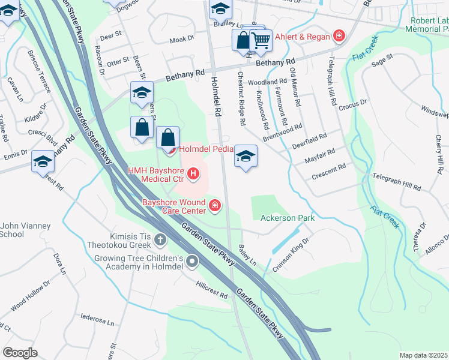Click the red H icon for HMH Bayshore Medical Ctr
coord(193,175)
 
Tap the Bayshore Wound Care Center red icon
coord(215,208)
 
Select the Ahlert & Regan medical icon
coord(339,37)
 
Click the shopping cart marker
coord(261,40)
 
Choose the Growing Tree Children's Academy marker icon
coord(192,261)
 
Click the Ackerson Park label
coord(288,218)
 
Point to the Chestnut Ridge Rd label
coord(241,99)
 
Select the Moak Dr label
coord(182,39)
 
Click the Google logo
coord(20,353)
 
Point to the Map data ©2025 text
coord(423,355)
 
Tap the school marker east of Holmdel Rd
coord(246,157)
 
